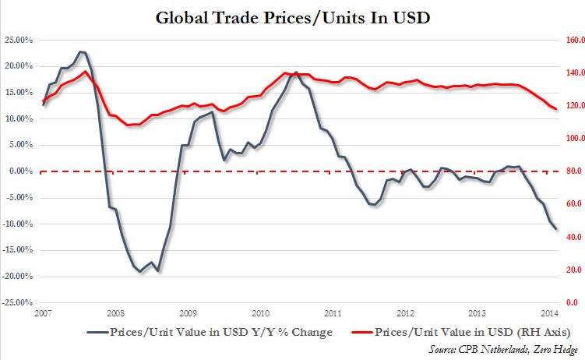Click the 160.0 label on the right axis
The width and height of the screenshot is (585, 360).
pyautogui.click(x=572, y=40)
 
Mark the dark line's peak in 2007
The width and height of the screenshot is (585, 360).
pyautogui.click(x=82, y=51)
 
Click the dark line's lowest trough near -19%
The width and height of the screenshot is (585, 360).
pyautogui.click(x=159, y=270)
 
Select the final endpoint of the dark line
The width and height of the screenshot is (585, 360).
pyautogui.click(x=556, y=229)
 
